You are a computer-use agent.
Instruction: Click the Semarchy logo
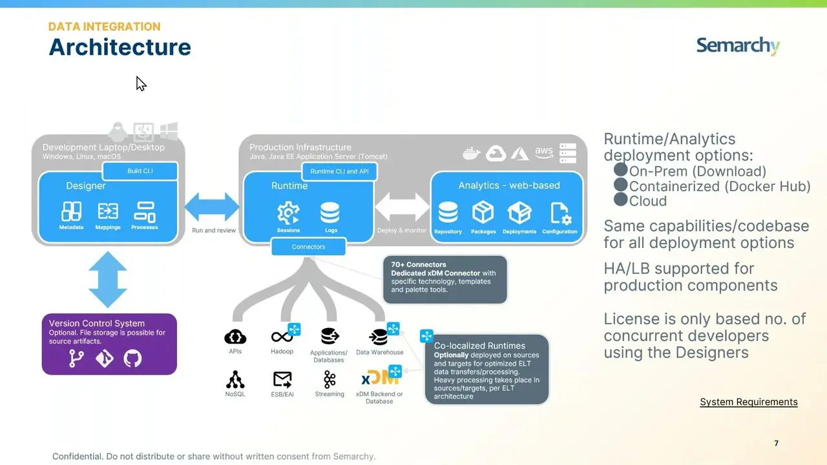[738, 46]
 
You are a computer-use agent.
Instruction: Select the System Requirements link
[748, 402]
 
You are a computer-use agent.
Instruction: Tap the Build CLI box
[140, 171]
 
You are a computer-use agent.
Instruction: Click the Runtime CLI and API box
[339, 172]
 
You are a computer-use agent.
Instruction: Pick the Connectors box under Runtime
[308, 247]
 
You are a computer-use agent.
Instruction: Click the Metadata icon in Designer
[71, 211]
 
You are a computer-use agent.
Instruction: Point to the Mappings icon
[108, 211]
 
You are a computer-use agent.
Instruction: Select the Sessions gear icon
[288, 212]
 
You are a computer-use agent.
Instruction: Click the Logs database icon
[330, 212]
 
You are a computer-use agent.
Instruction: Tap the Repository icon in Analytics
[448, 212]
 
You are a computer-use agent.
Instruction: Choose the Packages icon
[483, 212]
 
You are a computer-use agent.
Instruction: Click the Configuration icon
[560, 212]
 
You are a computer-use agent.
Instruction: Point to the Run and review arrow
[212, 207]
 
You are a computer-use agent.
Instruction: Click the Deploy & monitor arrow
[402, 207]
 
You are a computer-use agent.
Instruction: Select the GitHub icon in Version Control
[132, 358]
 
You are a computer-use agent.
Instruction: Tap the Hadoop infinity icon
[282, 336]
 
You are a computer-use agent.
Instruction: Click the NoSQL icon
[235, 379]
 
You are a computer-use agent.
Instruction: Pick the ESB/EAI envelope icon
[282, 379]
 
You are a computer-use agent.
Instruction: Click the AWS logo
[543, 153]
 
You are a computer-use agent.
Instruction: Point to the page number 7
[776, 443]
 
